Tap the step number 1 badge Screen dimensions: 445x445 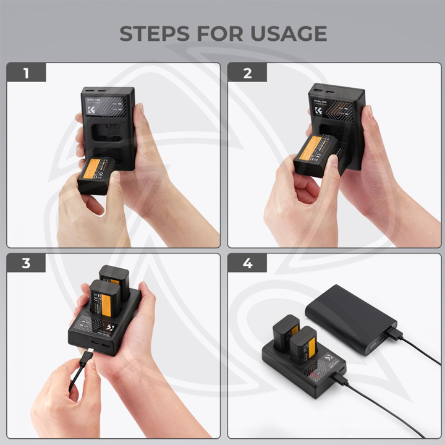click(26, 74)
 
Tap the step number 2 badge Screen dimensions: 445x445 click(248, 74)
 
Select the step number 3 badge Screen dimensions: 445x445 click(26, 263)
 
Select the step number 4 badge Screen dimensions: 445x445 click(248, 263)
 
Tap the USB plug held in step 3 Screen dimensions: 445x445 click(85, 362)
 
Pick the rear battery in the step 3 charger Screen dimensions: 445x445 click(114, 278)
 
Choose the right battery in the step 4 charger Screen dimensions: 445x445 click(303, 346)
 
